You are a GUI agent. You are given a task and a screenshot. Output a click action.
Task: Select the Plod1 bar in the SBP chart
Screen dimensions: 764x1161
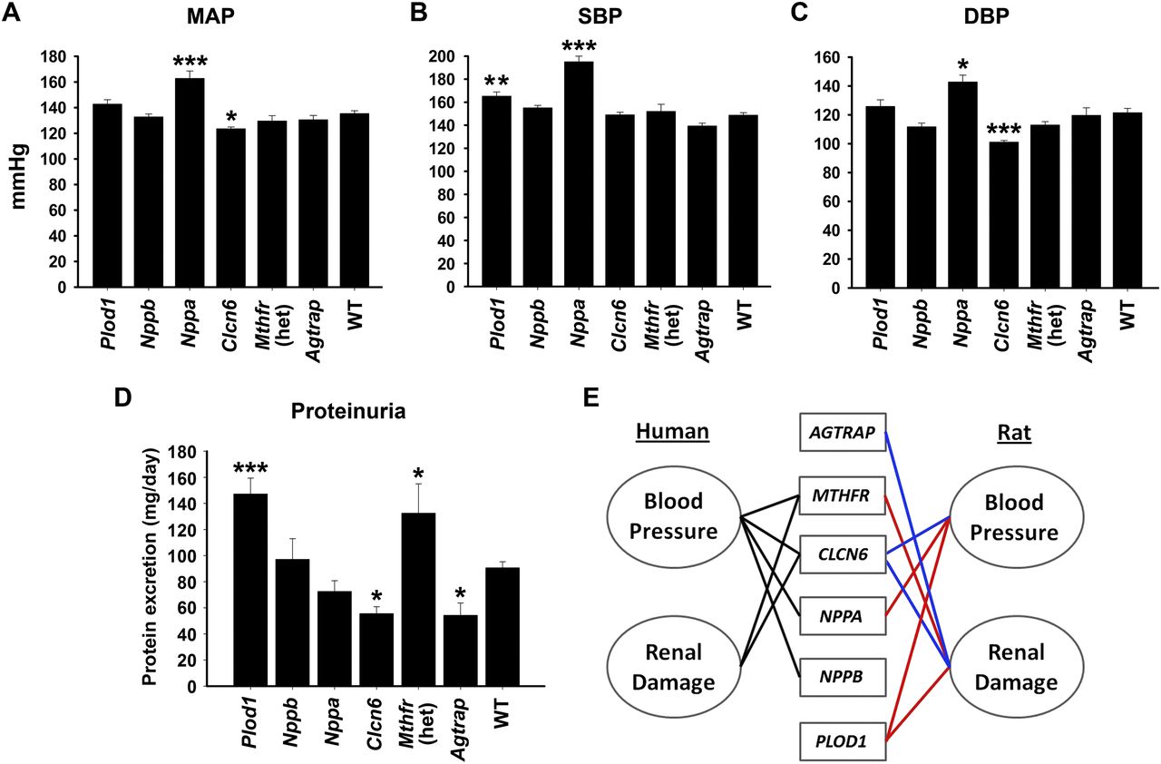(497, 191)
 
